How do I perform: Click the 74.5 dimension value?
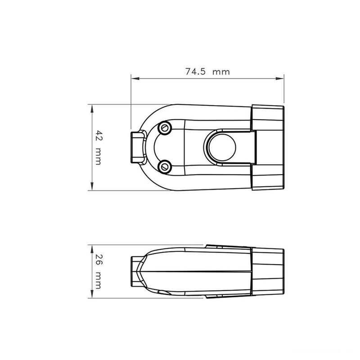[x=195, y=71]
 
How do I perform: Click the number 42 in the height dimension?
[x=98, y=135]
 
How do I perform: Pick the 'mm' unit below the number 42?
[x=98, y=157]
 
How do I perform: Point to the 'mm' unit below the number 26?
[x=98, y=281]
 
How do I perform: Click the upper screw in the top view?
[x=165, y=128]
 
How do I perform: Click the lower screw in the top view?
[x=165, y=166]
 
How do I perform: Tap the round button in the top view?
[x=220, y=147]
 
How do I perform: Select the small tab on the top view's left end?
[x=136, y=147]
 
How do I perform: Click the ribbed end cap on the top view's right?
[x=268, y=147]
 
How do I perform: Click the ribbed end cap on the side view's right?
[x=268, y=272]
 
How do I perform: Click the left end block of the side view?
[x=135, y=272]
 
